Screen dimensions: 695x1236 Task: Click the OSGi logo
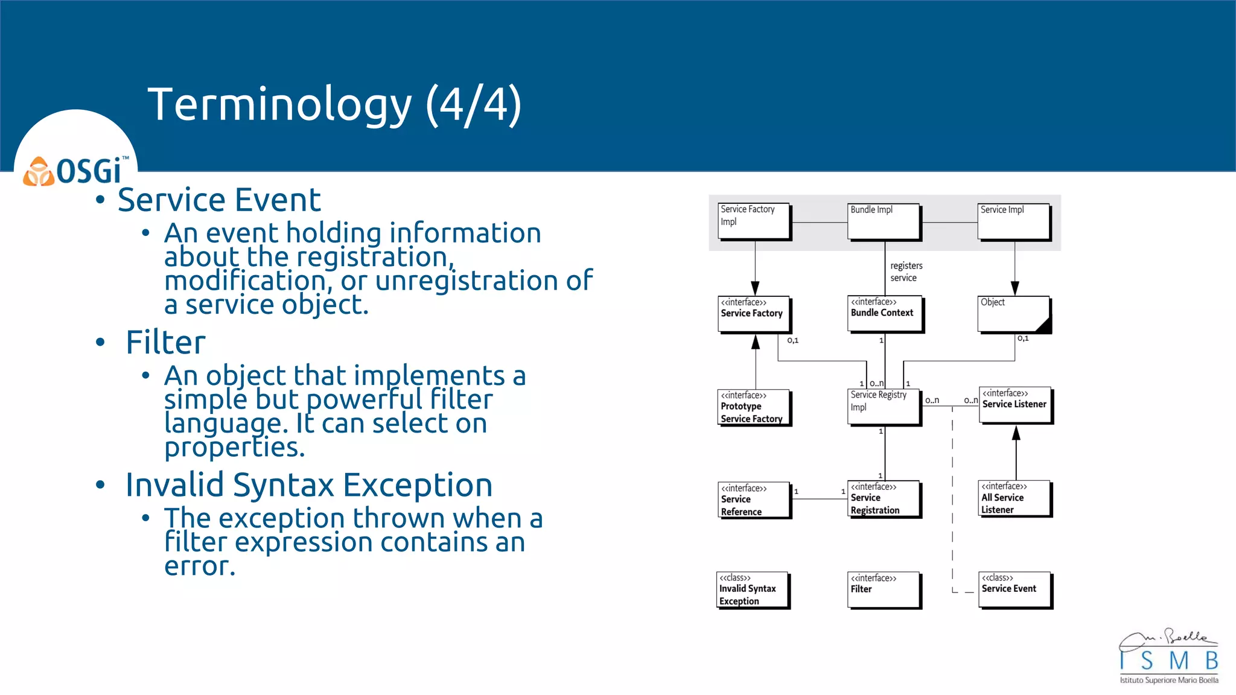click(76, 171)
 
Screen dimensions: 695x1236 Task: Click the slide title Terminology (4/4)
click(334, 104)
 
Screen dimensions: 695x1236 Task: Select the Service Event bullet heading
click(219, 200)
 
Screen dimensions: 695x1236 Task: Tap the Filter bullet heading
click(165, 342)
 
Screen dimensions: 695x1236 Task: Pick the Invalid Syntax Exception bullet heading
click(308, 485)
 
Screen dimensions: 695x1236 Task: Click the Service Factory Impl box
click(754, 221)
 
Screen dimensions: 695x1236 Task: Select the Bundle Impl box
click(884, 221)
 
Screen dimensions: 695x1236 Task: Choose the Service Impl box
click(1014, 221)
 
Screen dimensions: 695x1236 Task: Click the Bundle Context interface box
click(885, 313)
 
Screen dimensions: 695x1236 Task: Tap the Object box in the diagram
click(1014, 314)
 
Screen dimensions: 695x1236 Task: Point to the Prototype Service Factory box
click(754, 407)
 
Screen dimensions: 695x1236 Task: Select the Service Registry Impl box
click(884, 407)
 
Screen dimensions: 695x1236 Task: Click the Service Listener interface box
click(1015, 405)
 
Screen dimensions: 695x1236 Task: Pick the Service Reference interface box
click(754, 500)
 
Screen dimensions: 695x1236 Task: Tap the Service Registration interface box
click(884, 498)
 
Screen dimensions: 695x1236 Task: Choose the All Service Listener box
click(1015, 498)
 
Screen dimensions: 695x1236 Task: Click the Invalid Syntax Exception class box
click(753, 589)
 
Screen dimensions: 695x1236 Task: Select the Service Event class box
click(1015, 589)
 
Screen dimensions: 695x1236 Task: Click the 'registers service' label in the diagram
click(906, 271)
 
